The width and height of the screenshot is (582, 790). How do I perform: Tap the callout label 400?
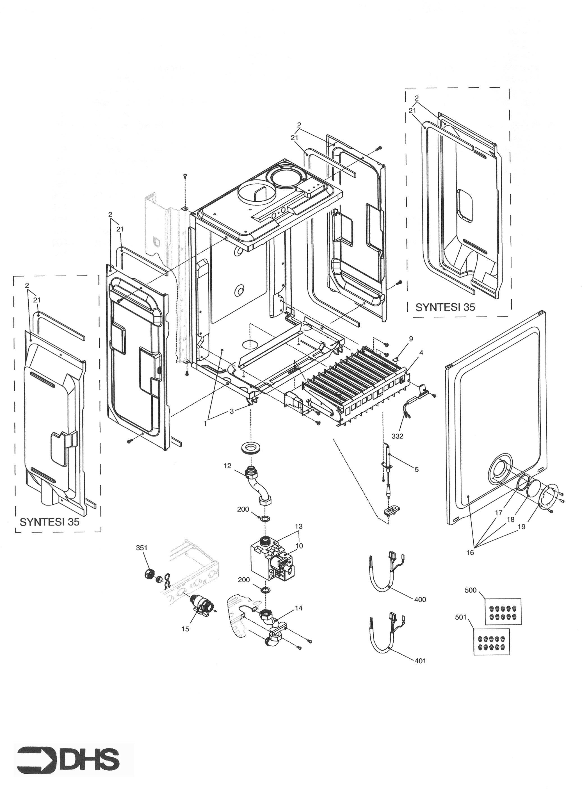pos(420,600)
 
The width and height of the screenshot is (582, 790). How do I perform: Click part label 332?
pos(397,436)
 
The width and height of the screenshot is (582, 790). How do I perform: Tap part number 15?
pos(185,629)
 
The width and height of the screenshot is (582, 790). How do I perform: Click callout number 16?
pos(470,553)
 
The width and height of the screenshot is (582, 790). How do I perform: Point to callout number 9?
pos(410,339)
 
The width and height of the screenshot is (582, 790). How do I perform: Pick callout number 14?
pos(299,608)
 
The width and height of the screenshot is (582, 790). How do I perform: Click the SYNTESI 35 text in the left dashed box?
pos(50,522)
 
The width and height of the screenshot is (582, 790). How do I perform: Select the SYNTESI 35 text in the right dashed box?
pos(445,307)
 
